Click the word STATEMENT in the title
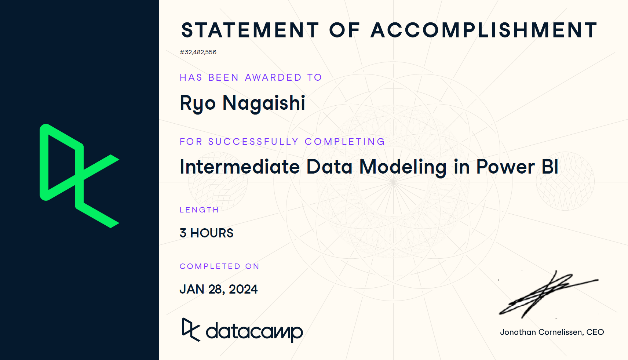click(250, 30)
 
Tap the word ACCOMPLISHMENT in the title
click(484, 30)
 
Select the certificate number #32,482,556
click(198, 52)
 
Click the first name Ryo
click(198, 103)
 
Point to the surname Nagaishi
click(264, 103)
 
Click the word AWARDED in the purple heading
click(273, 77)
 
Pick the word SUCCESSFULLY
click(253, 142)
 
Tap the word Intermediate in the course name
click(240, 167)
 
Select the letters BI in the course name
click(550, 167)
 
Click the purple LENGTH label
click(199, 210)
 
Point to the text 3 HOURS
click(207, 233)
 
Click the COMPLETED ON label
click(219, 266)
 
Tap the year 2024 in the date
click(243, 289)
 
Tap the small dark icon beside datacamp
click(191, 330)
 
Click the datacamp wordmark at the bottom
click(254, 332)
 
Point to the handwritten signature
click(548, 294)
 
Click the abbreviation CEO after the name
click(595, 332)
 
